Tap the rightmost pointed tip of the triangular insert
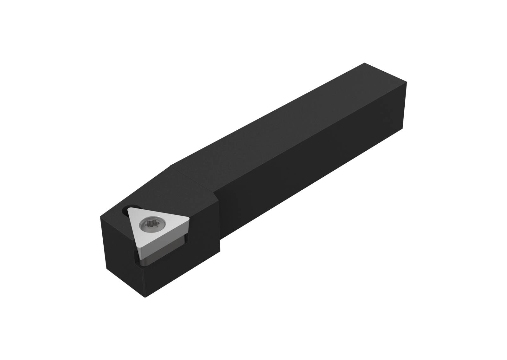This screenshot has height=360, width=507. pyautogui.click(x=189, y=218)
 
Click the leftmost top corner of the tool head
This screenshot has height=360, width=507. pyautogui.click(x=101, y=217)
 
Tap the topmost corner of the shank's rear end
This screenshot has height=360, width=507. pyautogui.click(x=365, y=63)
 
